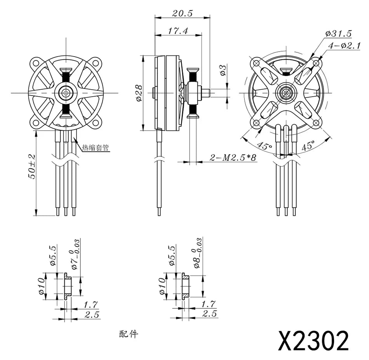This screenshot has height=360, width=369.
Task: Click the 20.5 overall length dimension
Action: (x=182, y=12)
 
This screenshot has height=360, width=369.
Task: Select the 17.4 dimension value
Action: (x=178, y=31)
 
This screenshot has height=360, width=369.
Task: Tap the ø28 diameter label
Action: (x=139, y=93)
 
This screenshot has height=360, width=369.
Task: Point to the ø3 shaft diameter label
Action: (x=223, y=70)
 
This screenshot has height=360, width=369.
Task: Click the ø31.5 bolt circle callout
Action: (x=338, y=33)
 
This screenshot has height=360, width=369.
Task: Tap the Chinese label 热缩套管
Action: (x=95, y=148)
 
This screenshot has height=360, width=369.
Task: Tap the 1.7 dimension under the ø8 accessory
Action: (x=209, y=304)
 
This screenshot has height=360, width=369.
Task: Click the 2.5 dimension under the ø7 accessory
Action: (x=92, y=315)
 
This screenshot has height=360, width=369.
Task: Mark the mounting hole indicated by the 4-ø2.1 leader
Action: (x=317, y=62)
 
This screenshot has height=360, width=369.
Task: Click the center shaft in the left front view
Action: (x=66, y=93)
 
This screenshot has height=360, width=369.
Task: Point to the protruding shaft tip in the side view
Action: (x=207, y=93)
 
